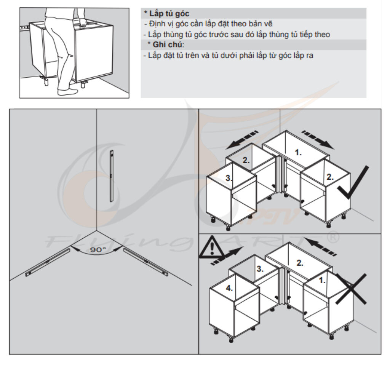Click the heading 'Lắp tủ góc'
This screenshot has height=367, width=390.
pyautogui.click(x=169, y=13)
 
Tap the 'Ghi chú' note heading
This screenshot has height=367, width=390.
pyautogui.click(x=167, y=45)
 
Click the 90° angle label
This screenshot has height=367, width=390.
pyautogui.click(x=98, y=249)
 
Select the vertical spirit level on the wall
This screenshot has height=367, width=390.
pyautogui.click(x=112, y=176)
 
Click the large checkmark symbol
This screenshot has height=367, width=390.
pyautogui.click(x=352, y=183)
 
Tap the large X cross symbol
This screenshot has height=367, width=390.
pyautogui.click(x=351, y=289)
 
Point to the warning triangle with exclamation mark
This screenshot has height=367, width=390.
pyautogui.click(x=211, y=247)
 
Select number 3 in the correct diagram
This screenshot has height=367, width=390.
pyautogui.click(x=229, y=178)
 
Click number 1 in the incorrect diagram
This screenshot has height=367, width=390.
pyautogui.click(x=322, y=281)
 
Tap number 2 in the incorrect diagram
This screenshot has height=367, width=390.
pyautogui.click(x=300, y=263)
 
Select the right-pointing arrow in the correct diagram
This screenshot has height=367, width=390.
pyautogui.click(x=318, y=140)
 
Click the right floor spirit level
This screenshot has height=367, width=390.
pyautogui.click(x=146, y=262)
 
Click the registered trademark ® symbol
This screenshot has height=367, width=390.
pyautogui.click(x=332, y=237)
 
